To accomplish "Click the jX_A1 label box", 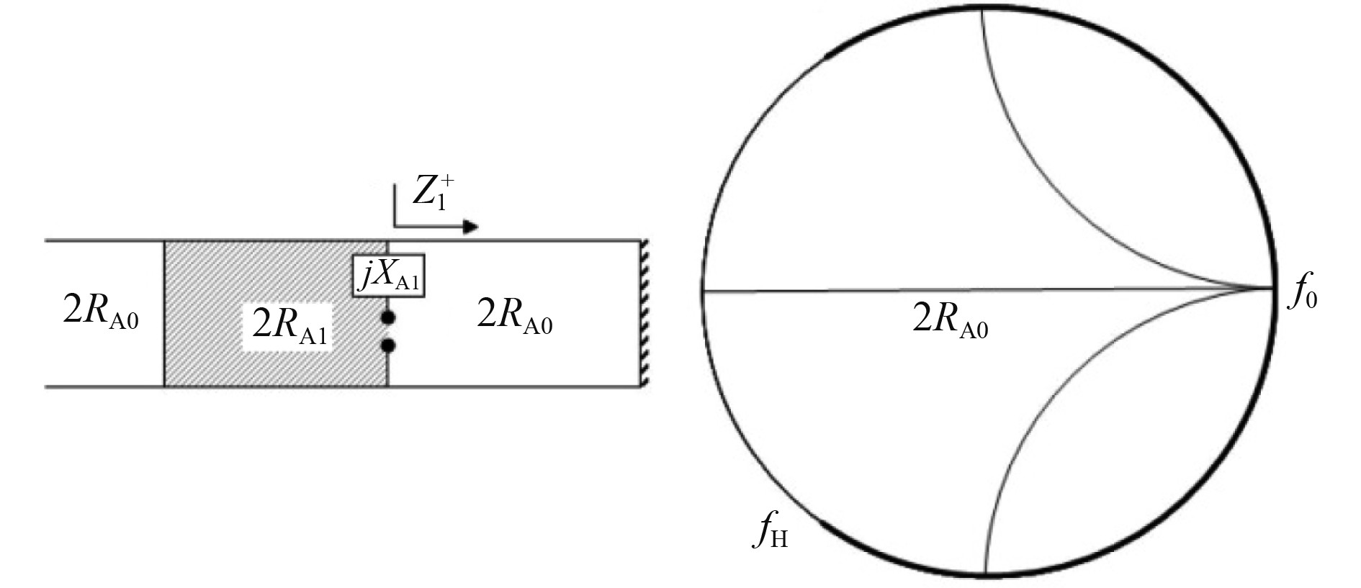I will point(388,275).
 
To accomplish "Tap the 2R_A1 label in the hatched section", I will point(289,326).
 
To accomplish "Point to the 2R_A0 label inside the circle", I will point(950,320).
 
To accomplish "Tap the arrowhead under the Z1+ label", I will point(470,227).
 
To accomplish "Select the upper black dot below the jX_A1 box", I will point(388,317).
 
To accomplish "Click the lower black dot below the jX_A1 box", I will point(388,345).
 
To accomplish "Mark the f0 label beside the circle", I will point(1302,295).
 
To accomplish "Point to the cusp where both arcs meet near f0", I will point(1269,289).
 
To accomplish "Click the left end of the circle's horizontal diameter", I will point(704,290).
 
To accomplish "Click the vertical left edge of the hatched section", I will point(164,313).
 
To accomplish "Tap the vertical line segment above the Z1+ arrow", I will point(395,205).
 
